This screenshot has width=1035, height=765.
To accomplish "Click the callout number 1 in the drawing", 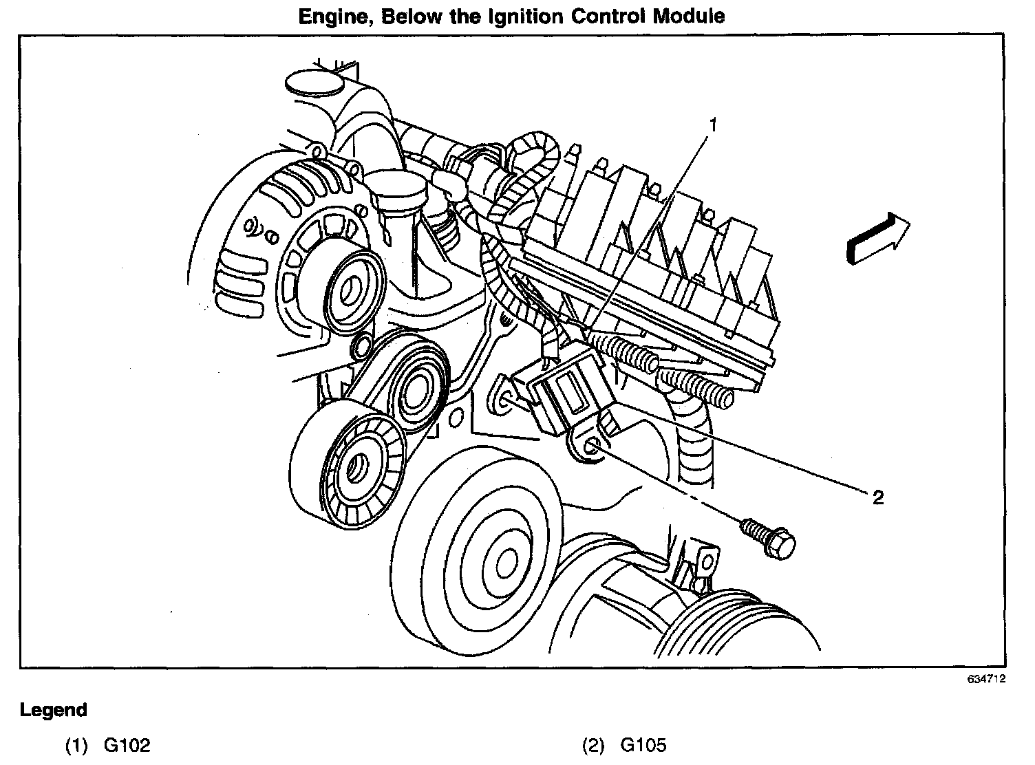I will pos(714,125).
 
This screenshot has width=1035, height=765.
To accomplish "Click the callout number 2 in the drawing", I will pos(877,497).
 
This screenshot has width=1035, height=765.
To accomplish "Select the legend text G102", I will pos(127,745).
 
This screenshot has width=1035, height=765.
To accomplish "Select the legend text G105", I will pos(643,745).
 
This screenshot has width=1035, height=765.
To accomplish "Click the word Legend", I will pos(54,710).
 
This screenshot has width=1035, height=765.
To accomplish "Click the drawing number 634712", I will pos(986,679).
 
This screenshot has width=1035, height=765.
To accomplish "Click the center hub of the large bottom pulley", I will pos(506,557).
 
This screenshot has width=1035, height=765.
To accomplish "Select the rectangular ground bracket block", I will pos(561,396).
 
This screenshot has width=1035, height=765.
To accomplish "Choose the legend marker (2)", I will pos(593,745).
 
